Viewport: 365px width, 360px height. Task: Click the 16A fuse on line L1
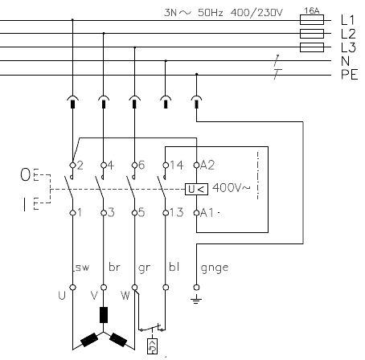click(x=312, y=20)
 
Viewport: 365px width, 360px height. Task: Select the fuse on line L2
click(x=312, y=34)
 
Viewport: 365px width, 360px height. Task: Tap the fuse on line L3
click(x=312, y=47)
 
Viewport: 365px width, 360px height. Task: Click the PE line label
click(x=350, y=75)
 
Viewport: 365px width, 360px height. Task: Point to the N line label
click(x=346, y=61)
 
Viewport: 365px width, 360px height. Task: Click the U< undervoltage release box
click(x=196, y=190)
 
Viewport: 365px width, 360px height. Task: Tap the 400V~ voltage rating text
click(x=231, y=187)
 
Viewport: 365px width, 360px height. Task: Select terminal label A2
click(x=207, y=165)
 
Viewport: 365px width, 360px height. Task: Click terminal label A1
click(x=207, y=213)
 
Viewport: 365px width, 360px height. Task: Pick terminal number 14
click(x=177, y=165)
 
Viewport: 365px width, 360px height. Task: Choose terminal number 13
click(x=177, y=213)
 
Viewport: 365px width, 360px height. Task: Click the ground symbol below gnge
click(x=196, y=299)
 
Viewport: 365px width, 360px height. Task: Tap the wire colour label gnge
click(x=215, y=268)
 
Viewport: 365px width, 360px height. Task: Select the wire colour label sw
click(x=82, y=268)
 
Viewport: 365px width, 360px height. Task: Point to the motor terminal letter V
click(x=94, y=296)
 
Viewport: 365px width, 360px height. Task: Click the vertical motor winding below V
click(x=104, y=315)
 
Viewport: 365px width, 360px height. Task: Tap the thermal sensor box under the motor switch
click(x=153, y=346)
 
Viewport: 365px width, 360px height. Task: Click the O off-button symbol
click(x=26, y=174)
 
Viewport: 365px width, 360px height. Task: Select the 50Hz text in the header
click(x=211, y=13)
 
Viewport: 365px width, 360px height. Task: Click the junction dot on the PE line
click(x=197, y=74)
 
